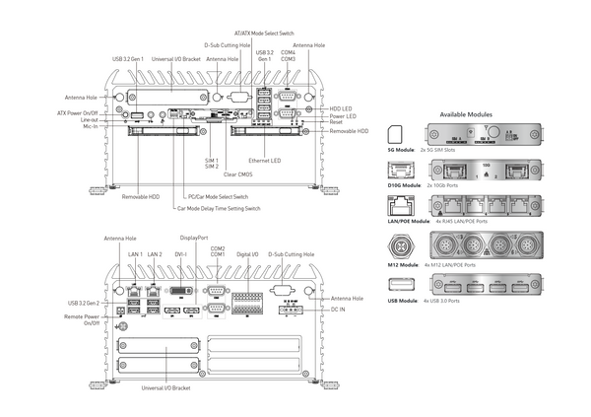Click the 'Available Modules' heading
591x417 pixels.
[466, 114]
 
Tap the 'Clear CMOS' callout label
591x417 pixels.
[239, 174]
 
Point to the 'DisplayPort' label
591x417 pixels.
[194, 238]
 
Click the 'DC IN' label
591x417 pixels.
[337, 308]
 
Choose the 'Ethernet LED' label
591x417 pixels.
[266, 160]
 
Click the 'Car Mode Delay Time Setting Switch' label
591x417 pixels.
[218, 209]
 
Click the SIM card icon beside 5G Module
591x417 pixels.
[396, 134]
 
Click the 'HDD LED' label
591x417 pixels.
[341, 107]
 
